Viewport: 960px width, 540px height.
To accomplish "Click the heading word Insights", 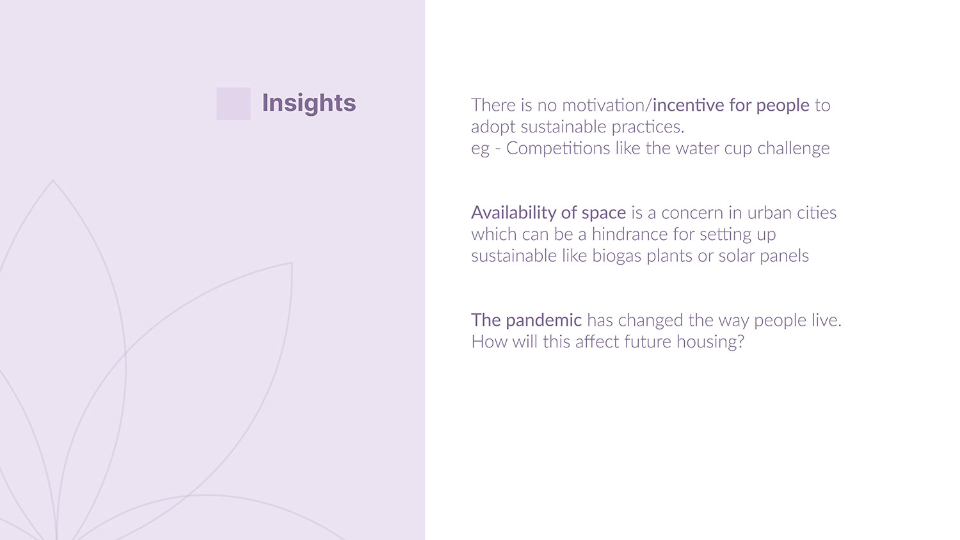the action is pos(308,103).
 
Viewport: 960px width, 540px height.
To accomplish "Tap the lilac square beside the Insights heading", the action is pos(233,104).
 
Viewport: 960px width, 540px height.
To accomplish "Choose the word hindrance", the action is pos(630,234).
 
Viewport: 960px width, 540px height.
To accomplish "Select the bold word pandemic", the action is pos(543,321).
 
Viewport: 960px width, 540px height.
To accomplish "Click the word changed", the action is pos(651,321).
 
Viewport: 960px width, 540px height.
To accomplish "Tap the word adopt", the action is pos(493,127).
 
